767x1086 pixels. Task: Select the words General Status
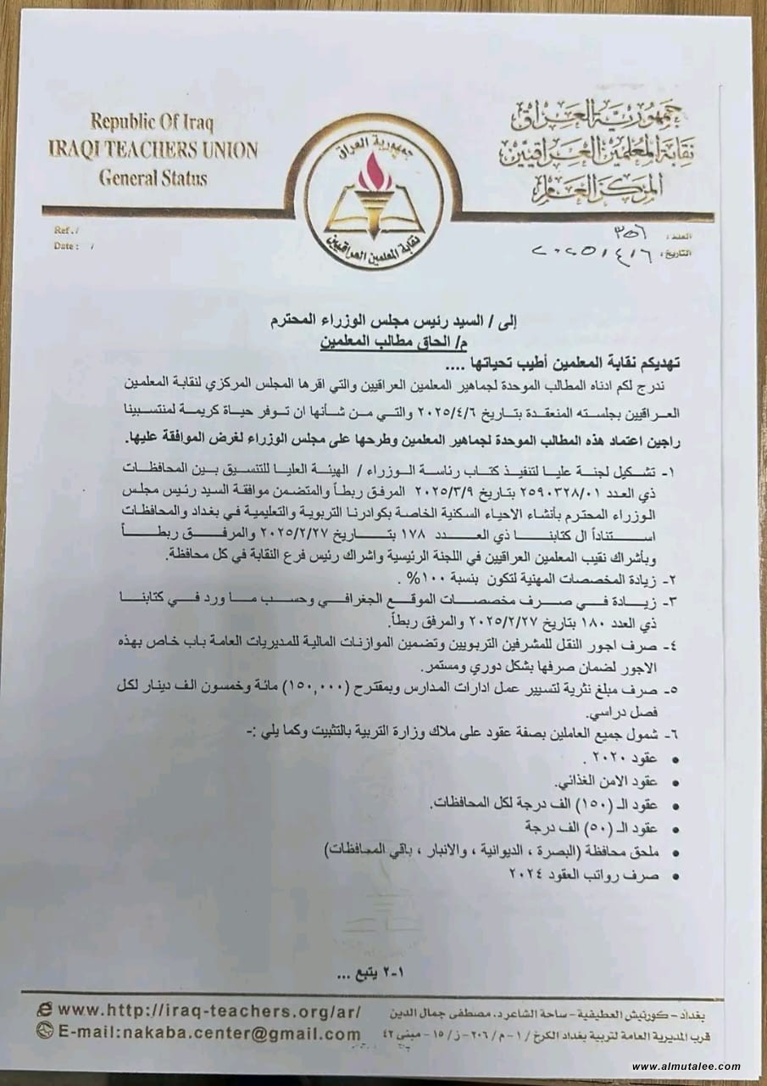(153, 178)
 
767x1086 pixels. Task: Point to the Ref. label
(64, 230)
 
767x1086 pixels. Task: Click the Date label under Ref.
(66, 246)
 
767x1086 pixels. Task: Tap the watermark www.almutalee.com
(686, 1066)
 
